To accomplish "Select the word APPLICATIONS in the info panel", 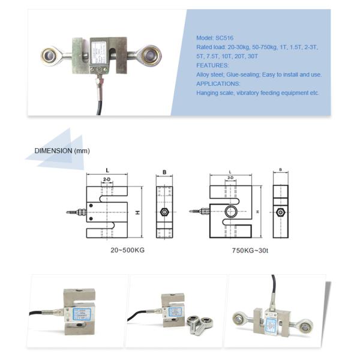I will coord(217,84).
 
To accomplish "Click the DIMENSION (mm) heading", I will coord(62,151).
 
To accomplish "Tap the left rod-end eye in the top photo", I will coord(52,56).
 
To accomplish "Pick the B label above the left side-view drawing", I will coord(164,172).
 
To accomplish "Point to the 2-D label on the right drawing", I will coord(230,178).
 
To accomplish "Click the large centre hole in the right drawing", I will coord(231,211).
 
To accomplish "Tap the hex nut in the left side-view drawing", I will coord(164,212).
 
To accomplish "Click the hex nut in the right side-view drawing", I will coord(281,212).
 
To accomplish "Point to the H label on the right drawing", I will coord(257,212).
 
